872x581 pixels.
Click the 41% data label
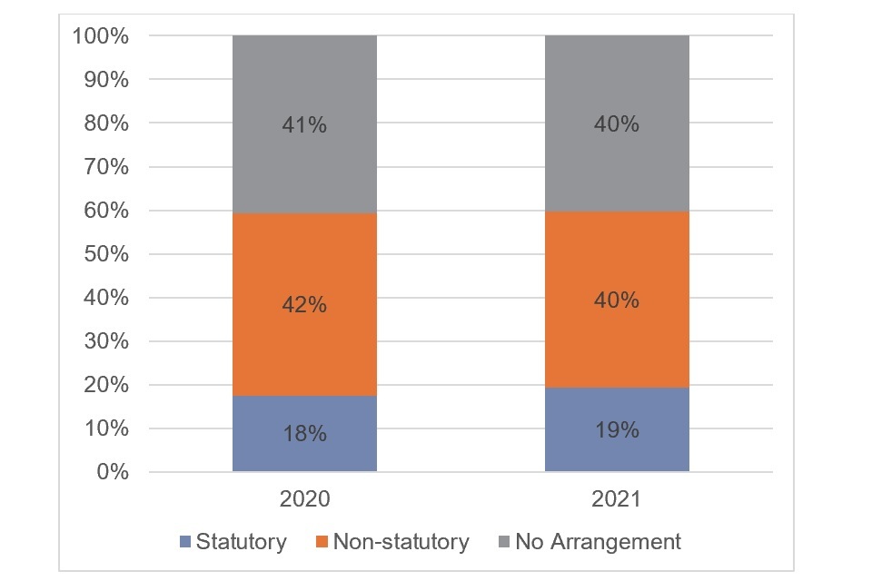(x=304, y=125)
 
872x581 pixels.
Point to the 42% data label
(x=304, y=305)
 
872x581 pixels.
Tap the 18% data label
(x=304, y=434)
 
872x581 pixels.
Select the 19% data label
(x=617, y=430)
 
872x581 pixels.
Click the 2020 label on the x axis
(x=304, y=498)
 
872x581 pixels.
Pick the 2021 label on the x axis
(x=617, y=498)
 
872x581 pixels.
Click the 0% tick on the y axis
(x=114, y=472)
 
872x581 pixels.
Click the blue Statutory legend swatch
(x=186, y=543)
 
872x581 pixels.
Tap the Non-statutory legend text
(x=401, y=543)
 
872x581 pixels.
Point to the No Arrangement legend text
(x=598, y=543)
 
